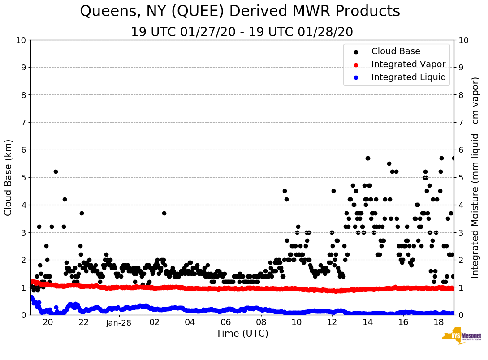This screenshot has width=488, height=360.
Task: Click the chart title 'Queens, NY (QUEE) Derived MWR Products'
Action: [240, 12]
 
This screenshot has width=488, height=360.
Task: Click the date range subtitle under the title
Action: [242, 32]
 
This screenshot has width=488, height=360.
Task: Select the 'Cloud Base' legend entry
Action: [396, 51]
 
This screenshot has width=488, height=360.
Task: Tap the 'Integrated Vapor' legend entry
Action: [408, 64]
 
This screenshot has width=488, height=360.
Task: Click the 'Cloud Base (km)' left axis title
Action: [9, 177]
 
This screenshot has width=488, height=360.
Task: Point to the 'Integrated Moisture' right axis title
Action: [476, 177]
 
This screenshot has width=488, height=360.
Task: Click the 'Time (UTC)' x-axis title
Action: [242, 334]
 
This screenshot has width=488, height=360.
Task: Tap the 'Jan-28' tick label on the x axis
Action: [119, 322]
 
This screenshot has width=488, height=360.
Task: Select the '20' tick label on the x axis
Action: [48, 322]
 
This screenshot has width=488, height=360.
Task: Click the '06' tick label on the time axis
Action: [225, 322]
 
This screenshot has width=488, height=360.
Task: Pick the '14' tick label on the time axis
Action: [367, 322]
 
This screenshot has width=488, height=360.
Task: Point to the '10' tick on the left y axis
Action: [20, 40]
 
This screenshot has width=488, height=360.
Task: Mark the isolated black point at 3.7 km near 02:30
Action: [164, 213]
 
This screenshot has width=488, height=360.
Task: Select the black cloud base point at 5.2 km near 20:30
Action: [56, 171]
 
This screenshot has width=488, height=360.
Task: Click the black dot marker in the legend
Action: [356, 52]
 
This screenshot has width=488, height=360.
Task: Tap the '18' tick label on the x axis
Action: [439, 322]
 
